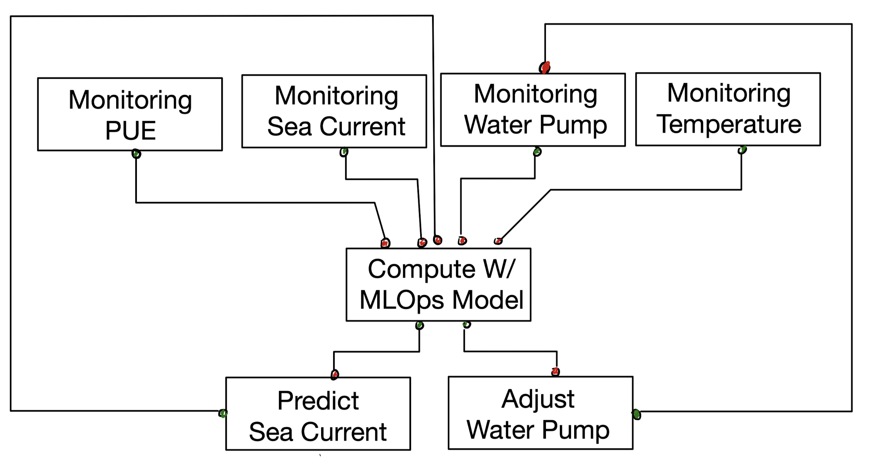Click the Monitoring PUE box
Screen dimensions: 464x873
pyautogui.click(x=130, y=114)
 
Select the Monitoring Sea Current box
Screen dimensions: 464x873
pyautogui.click(x=334, y=111)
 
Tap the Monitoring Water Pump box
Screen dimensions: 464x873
pyautogui.click(x=533, y=110)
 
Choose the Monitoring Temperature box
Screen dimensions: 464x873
pyautogui.click(x=728, y=109)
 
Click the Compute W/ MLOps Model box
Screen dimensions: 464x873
pyautogui.click(x=438, y=285)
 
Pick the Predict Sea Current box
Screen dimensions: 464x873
pyautogui.click(x=318, y=414)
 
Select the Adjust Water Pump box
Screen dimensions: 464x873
pyautogui.click(x=540, y=413)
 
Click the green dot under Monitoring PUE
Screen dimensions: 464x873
pyautogui.click(x=136, y=154)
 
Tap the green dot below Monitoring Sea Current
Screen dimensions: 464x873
pyautogui.click(x=344, y=152)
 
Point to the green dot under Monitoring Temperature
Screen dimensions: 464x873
pyautogui.click(x=742, y=150)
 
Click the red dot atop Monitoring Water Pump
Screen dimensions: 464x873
pyautogui.click(x=545, y=67)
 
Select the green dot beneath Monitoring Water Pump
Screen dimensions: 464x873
pyautogui.click(x=537, y=152)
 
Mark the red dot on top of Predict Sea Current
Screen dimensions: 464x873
pyautogui.click(x=335, y=374)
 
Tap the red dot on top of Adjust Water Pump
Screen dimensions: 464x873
pyautogui.click(x=555, y=372)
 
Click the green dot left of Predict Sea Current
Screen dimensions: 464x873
pyautogui.click(x=223, y=413)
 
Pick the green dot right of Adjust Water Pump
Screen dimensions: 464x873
pyautogui.click(x=637, y=415)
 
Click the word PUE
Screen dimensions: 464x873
pyautogui.click(x=131, y=131)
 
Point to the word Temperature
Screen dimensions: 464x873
pyautogui.click(x=729, y=124)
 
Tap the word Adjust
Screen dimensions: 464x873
pyautogui.click(x=538, y=399)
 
